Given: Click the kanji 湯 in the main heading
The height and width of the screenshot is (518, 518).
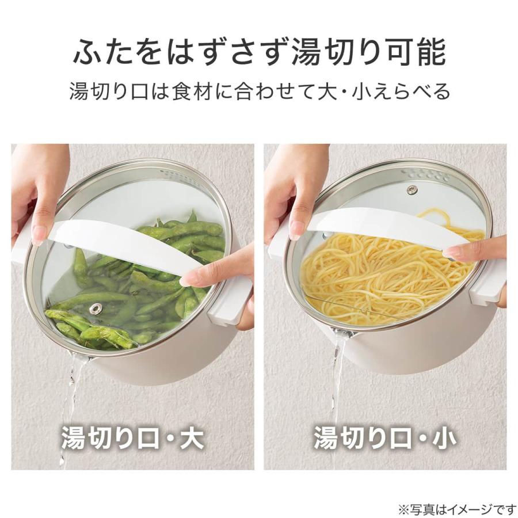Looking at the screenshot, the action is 306,52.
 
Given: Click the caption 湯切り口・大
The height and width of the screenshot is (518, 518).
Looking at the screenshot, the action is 132,437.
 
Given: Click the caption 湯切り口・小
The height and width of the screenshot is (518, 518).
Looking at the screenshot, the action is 384,437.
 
